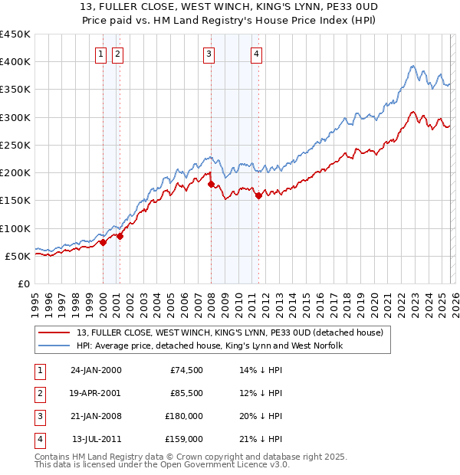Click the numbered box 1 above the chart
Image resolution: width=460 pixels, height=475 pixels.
point(101,54)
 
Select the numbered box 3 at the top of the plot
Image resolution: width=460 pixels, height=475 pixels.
point(209,54)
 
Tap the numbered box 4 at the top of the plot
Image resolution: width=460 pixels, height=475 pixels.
point(256,54)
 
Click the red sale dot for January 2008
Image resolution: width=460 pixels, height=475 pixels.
point(211,184)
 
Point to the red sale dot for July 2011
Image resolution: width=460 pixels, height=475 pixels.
point(258,195)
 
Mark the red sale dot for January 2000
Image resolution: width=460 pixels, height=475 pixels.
point(103,242)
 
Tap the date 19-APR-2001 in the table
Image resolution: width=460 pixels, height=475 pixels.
point(96,393)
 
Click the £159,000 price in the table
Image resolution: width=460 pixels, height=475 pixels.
point(184,440)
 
